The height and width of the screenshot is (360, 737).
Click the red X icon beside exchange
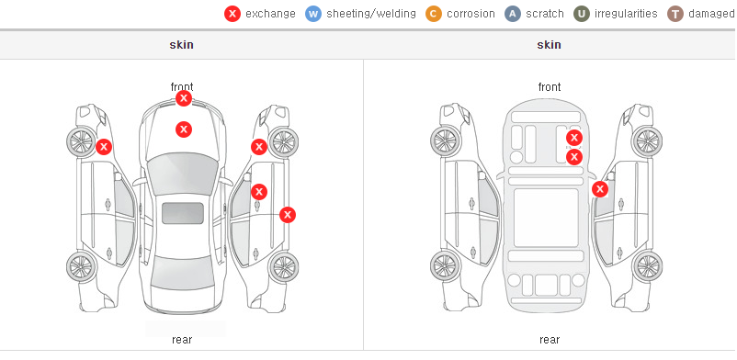232,14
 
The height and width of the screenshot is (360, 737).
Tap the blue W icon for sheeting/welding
313,14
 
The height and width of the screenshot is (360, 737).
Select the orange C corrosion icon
434,14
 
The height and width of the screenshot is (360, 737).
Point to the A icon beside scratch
513,14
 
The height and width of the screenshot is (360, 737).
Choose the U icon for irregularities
582,14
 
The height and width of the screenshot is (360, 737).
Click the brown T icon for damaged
675,14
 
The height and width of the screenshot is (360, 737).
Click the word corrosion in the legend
471,14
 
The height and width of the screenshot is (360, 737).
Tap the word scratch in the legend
545,14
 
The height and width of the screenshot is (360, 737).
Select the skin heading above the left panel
181,45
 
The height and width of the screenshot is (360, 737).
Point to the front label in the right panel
550,87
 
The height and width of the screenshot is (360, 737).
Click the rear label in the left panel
182,340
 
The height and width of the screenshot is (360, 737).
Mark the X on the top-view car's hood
184,129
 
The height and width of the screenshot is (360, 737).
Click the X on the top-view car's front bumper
184,98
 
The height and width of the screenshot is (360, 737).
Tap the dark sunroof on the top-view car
183,213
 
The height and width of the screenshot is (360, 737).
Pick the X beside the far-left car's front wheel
104,147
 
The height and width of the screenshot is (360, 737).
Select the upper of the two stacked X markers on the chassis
574,138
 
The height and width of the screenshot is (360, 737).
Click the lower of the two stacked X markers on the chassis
574,157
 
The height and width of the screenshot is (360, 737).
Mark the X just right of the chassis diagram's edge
600,189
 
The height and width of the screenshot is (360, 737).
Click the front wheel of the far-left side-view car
81,141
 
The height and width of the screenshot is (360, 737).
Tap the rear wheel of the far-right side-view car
647,266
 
